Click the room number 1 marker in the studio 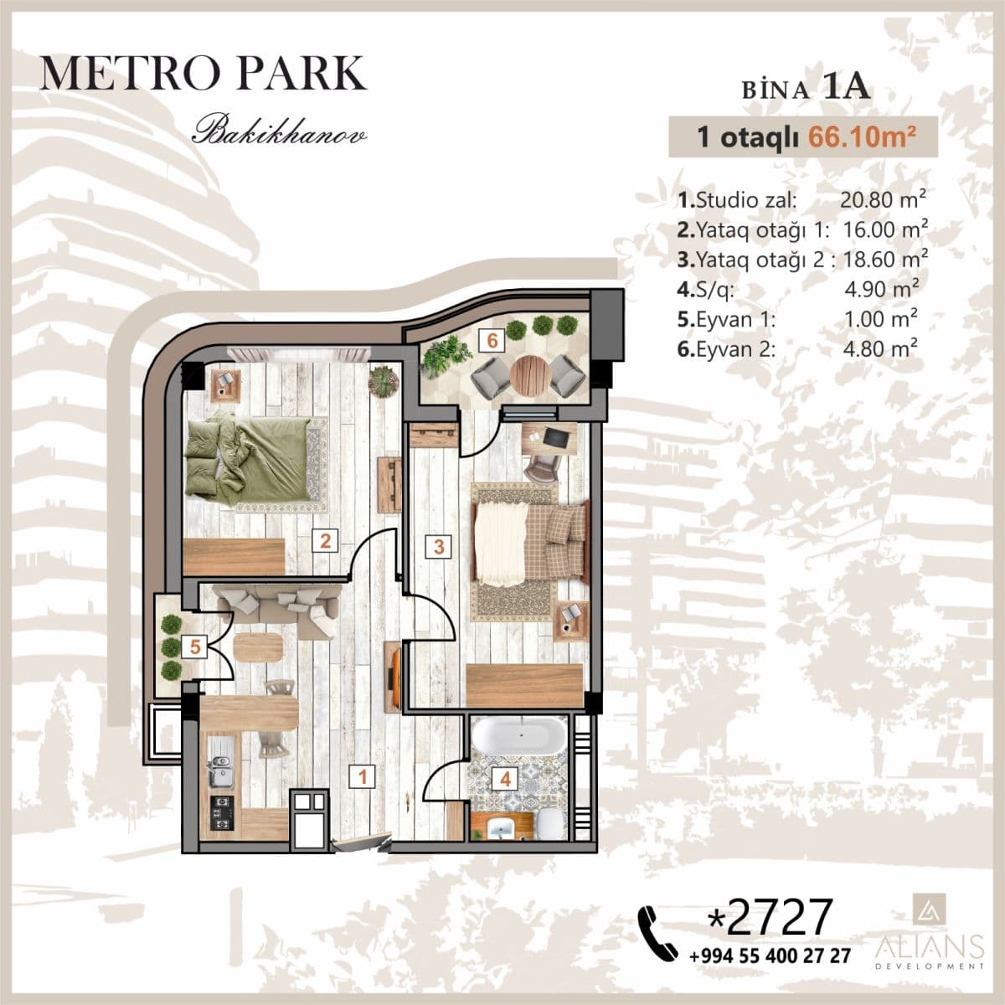[362, 776]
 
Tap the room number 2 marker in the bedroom [325, 540]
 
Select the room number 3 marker [438, 547]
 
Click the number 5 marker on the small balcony [195, 646]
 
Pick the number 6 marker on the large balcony [492, 340]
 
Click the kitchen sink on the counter [221, 768]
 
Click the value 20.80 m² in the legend [882, 200]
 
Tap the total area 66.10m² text [858, 137]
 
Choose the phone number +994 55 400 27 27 [770, 956]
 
